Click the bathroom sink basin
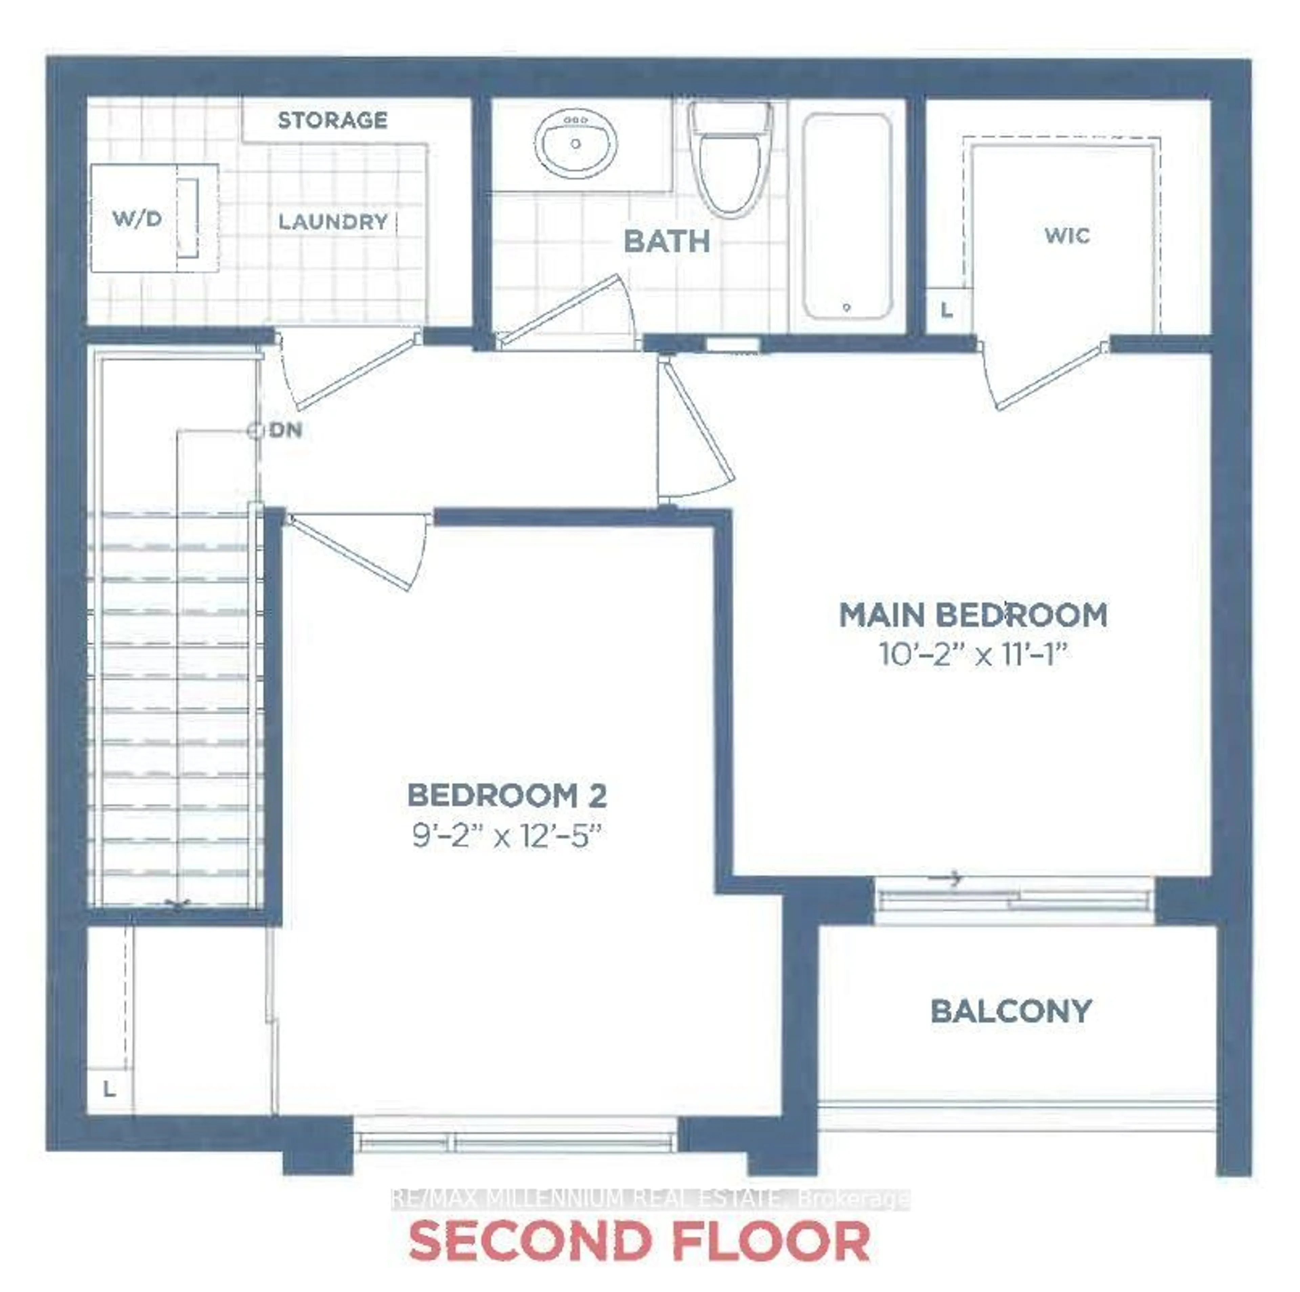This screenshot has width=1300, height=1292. point(576,143)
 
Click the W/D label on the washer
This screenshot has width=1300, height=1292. point(137,219)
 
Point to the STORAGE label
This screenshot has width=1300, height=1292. point(332,121)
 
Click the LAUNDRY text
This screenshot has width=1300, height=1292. point(333,222)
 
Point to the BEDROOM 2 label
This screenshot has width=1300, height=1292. point(507,796)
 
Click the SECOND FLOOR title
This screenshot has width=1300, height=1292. point(639,1242)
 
